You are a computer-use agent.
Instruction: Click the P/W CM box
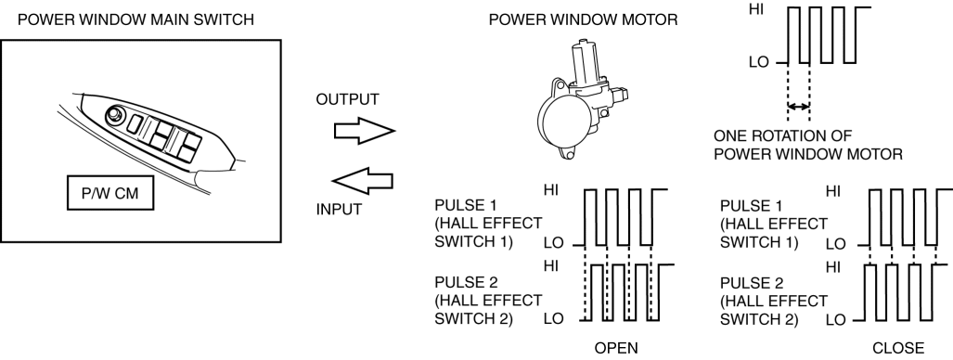click(x=110, y=194)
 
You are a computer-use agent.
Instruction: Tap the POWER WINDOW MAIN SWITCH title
click(x=135, y=19)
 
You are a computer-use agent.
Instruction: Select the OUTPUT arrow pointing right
click(x=364, y=131)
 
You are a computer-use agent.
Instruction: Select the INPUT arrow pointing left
click(x=362, y=181)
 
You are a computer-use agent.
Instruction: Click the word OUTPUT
click(x=348, y=99)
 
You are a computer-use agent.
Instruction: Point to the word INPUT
click(x=339, y=210)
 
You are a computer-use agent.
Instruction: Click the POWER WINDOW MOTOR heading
click(x=583, y=19)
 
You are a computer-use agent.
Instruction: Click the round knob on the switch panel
click(x=113, y=114)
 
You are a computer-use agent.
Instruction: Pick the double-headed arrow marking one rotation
click(x=799, y=107)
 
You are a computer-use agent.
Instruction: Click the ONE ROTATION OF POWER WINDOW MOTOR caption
click(x=807, y=145)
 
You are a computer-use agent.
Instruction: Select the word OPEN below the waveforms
click(x=616, y=348)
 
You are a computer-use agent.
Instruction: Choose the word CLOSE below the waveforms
click(x=897, y=348)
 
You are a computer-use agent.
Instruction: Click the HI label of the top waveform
click(x=757, y=10)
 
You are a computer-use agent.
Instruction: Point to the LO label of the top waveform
click(x=759, y=62)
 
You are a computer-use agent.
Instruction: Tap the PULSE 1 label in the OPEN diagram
click(x=488, y=224)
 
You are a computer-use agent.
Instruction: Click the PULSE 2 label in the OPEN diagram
click(x=488, y=301)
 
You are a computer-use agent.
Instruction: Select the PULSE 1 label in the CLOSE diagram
click(x=774, y=224)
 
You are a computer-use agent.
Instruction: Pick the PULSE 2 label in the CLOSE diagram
click(x=774, y=301)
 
